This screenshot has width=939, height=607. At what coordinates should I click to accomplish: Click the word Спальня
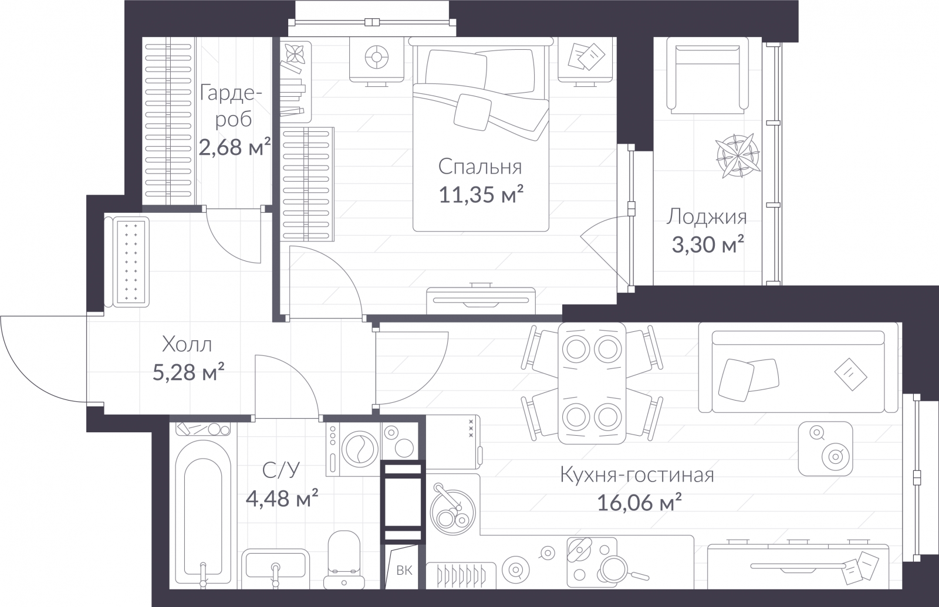[x=480, y=167]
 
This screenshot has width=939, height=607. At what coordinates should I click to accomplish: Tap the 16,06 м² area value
[x=639, y=503]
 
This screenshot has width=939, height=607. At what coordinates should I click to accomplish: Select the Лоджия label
[x=707, y=217]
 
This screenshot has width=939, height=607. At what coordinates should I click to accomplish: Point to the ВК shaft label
[x=404, y=570]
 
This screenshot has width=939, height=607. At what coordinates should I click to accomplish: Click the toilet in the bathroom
[x=344, y=560]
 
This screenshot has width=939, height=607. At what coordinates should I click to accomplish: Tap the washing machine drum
[x=360, y=449]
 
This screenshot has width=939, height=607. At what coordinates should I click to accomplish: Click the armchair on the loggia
[x=707, y=76]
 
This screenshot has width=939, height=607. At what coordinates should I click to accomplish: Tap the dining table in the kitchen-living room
[x=592, y=383]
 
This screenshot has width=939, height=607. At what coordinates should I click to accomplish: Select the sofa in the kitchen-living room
[x=799, y=367]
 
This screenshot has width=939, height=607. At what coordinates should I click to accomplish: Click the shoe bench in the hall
[x=127, y=262]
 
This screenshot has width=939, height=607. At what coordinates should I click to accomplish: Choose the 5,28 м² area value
[x=188, y=372]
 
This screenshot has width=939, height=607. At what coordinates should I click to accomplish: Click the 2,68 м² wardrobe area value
[x=234, y=147]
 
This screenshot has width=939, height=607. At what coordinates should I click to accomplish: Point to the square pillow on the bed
[x=473, y=112]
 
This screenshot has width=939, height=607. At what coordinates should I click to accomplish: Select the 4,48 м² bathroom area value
[x=282, y=498]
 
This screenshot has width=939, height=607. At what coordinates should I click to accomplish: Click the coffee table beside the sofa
[x=825, y=449]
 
